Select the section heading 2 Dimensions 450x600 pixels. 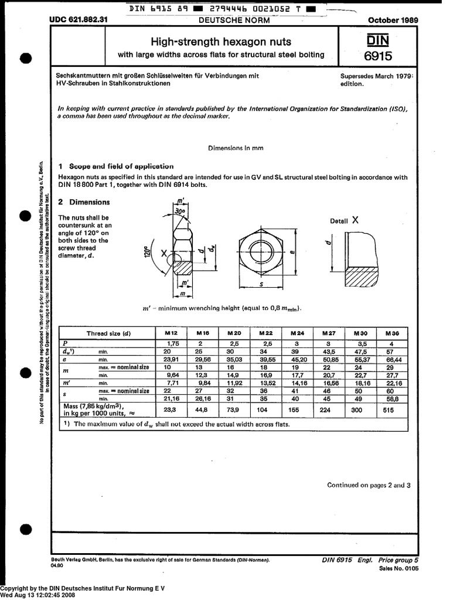84,202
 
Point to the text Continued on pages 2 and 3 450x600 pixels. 369,485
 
